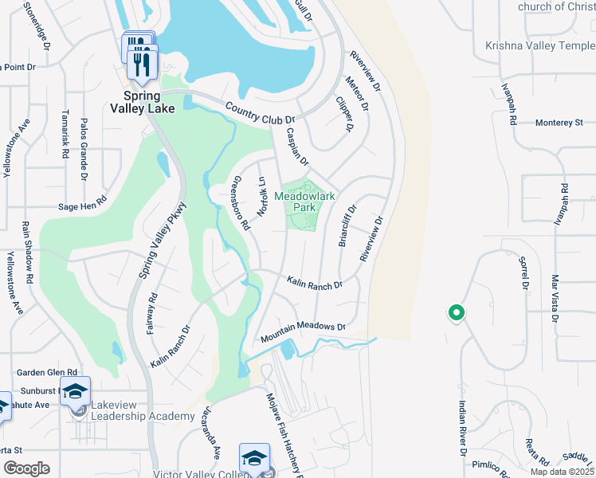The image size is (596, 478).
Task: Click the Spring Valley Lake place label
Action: pos(144,101)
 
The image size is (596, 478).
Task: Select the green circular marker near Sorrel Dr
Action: pos(457,313)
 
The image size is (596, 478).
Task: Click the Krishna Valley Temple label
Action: pos(539,46)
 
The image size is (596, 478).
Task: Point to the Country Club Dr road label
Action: pos(255,113)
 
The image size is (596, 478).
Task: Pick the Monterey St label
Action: pos(559,123)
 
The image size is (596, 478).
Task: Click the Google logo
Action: pos(27,468)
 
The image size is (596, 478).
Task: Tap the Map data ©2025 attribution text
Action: pos(560,472)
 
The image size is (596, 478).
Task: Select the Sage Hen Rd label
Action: pos(82,204)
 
